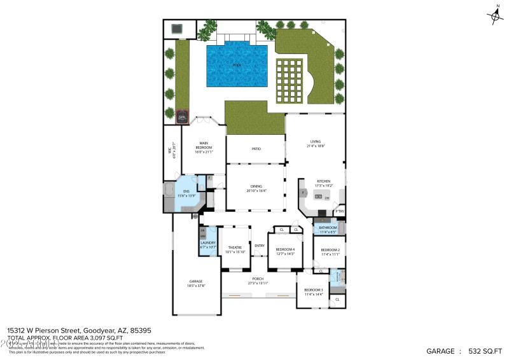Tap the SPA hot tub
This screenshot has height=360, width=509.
pyautogui.click(x=182, y=117)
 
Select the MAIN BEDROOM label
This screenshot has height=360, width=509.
pyautogui.click(x=204, y=146)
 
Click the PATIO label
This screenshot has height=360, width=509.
pyautogui.click(x=256, y=149)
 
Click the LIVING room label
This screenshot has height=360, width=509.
pyautogui.click(x=316, y=142)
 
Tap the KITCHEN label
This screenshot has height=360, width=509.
pyautogui.click(x=324, y=182)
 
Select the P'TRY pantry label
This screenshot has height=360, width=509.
pyautogui.click(x=340, y=212)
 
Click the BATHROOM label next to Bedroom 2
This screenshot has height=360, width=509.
pyautogui.click(x=328, y=228)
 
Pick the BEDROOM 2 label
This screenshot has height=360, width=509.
pyautogui.click(x=330, y=250)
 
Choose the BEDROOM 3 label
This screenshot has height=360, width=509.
pyautogui.click(x=314, y=290)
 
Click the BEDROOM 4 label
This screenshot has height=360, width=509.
pyautogui.click(x=284, y=249)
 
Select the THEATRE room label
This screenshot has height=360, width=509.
pyautogui.click(x=235, y=248)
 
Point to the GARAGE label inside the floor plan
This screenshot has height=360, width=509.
pyautogui.click(x=196, y=282)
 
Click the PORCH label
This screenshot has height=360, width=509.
pyautogui.click(x=258, y=279)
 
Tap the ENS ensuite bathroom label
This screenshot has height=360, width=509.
pyautogui.click(x=186, y=191)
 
